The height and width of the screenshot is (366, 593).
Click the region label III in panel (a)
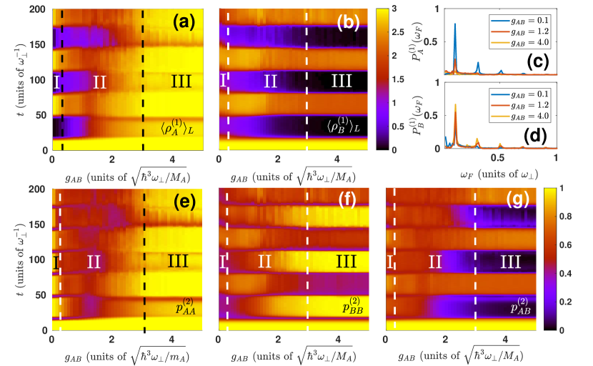[181, 82]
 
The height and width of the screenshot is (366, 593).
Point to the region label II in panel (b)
[270, 82]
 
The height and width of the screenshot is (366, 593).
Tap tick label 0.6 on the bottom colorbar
[564, 245]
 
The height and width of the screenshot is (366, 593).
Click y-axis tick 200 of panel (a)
[38, 11]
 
